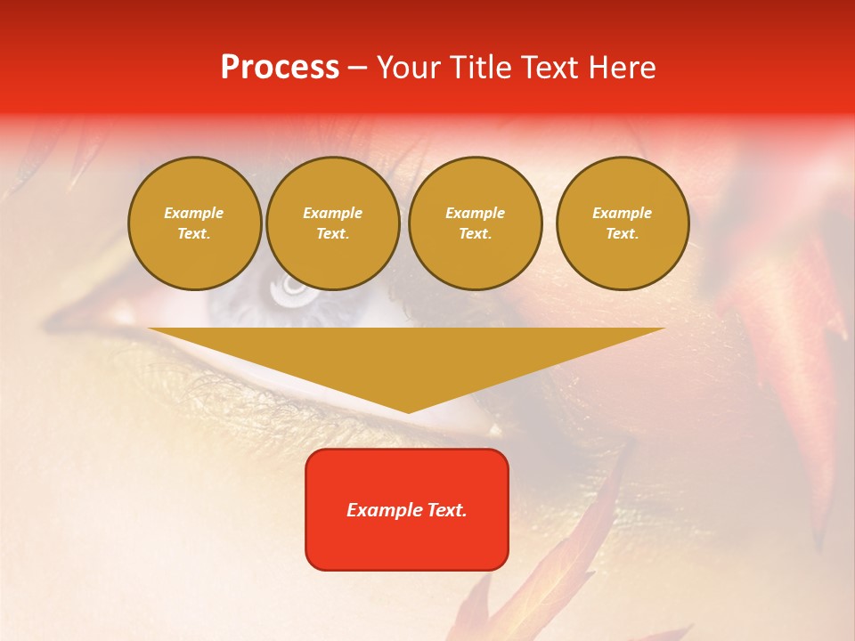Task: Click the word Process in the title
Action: pos(280,68)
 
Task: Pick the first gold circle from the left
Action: pos(194,223)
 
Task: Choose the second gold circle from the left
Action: pos(332,223)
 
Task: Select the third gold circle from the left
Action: pos(475,223)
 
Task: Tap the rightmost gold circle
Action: pos(622,223)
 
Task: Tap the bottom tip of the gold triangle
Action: pos(408,411)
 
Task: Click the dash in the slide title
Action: pos(357,69)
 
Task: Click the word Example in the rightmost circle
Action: pos(622,213)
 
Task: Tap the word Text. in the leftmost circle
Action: pos(194,233)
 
